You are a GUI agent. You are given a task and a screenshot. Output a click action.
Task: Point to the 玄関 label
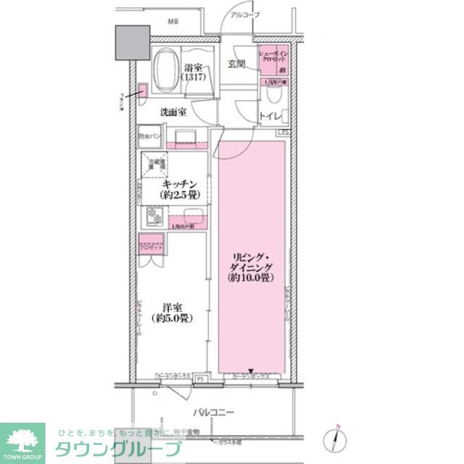[x=236, y=65]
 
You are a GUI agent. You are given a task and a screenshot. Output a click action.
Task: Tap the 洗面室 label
[x=173, y=112]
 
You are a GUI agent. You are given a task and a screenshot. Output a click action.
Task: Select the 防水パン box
[x=152, y=135]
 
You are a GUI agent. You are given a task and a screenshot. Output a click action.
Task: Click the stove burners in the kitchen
[x=154, y=216]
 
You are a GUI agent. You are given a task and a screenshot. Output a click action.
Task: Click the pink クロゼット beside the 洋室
[x=152, y=246]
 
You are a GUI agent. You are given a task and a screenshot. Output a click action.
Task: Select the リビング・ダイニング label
[x=251, y=265]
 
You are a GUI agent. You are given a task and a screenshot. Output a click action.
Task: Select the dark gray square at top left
[x=130, y=44]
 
